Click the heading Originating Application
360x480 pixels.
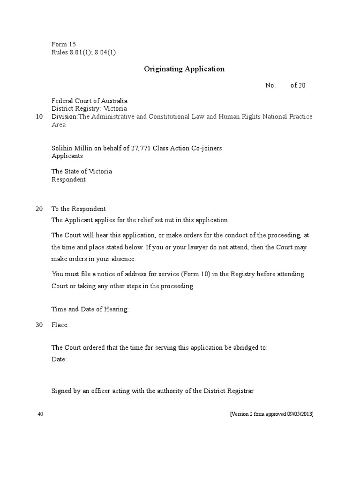tap(184, 69)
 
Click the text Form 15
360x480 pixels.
tap(64, 44)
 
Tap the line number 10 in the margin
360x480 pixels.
tap(39, 116)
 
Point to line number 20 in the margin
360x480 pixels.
tap(39, 209)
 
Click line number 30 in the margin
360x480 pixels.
tap(39, 325)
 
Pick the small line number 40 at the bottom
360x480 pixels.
tap(40, 414)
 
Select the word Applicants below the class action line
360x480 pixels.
tap(67, 156)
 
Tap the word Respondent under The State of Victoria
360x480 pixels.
tap(68, 179)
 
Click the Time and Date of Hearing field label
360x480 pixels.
tap(90, 309)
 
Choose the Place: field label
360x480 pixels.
tap(60, 325)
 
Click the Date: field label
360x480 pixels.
tap(59, 359)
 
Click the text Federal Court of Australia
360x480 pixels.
tap(89, 101)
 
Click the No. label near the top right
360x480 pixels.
tap(270, 85)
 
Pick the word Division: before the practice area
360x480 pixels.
tap(64, 116)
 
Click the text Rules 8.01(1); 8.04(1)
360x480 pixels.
tap(83, 52)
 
